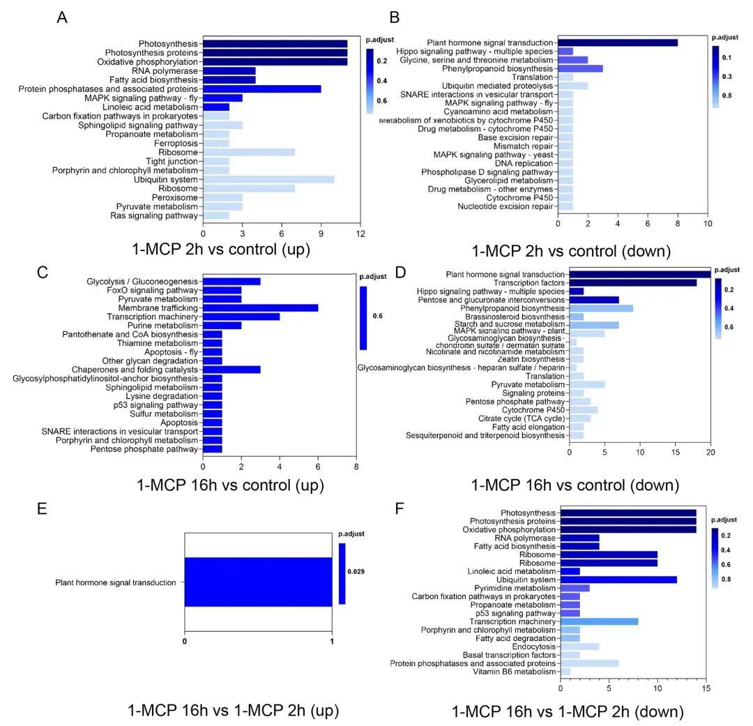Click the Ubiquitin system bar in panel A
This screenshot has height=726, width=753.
268,180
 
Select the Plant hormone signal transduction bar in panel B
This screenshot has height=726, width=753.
617,43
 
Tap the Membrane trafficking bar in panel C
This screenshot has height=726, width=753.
260,308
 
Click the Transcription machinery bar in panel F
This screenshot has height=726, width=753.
599,621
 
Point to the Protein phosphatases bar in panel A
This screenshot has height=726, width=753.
262,89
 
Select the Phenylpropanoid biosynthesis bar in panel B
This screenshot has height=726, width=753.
580,68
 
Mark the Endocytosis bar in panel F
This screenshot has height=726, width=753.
579,646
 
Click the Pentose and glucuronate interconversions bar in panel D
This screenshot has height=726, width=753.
594,300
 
